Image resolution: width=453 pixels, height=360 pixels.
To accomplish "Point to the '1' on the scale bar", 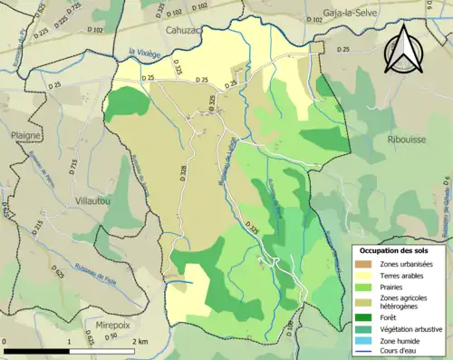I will coord(69,342).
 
